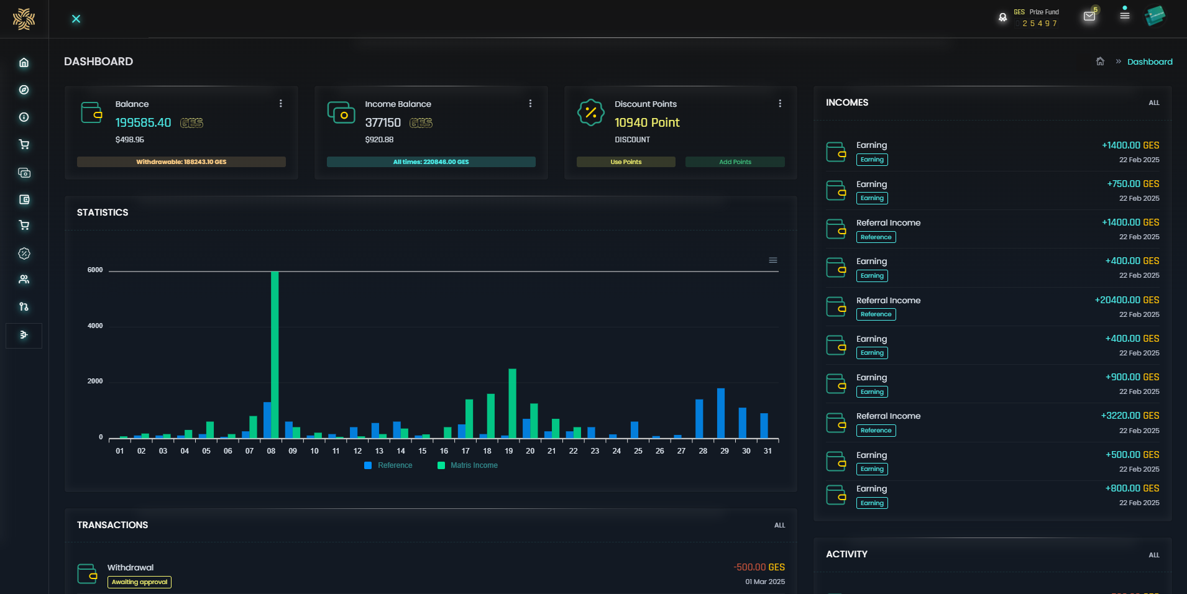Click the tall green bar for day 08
click(275, 354)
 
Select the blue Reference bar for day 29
click(721, 413)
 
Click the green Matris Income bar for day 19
click(513, 404)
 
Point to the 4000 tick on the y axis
click(95, 326)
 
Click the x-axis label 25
click(638, 451)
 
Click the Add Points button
click(735, 162)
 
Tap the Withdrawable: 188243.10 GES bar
click(181, 162)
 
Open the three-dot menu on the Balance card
click(281, 104)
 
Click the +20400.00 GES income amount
click(1127, 300)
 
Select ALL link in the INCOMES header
click(1153, 103)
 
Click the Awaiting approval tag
click(139, 582)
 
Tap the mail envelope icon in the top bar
click(1089, 16)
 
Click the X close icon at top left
click(76, 19)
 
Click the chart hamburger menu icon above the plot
click(773, 260)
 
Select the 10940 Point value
click(647, 123)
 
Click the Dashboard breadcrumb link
click(1150, 62)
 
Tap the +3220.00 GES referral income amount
click(1130, 416)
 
